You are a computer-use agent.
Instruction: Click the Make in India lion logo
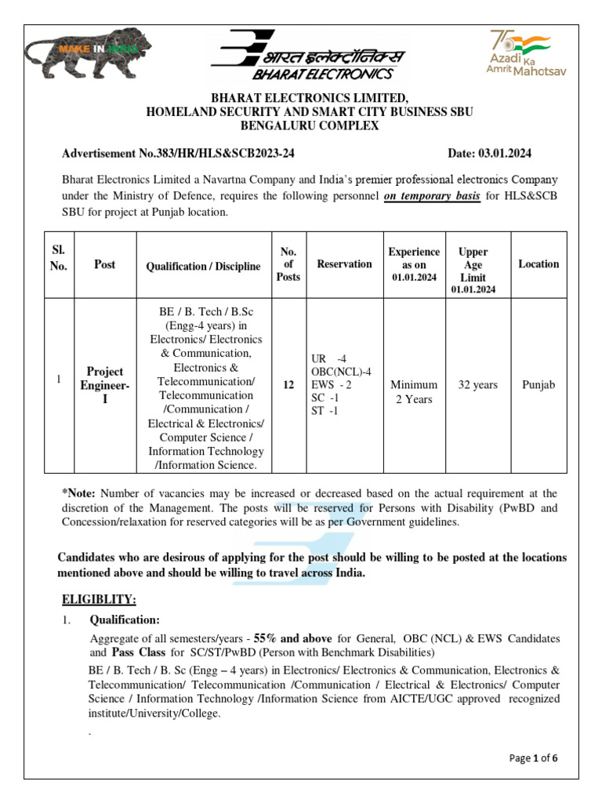point(83,54)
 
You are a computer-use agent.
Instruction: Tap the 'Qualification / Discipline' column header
point(203,266)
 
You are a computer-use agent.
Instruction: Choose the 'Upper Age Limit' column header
point(473,265)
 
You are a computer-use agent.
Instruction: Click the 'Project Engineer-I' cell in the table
point(104,385)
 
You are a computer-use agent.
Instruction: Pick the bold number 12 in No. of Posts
point(288,385)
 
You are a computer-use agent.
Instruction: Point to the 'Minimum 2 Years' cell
point(413,392)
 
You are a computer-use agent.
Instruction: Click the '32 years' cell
point(477,385)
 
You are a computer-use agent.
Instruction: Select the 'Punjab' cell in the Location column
point(539,385)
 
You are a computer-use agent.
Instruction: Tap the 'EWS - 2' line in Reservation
point(332,385)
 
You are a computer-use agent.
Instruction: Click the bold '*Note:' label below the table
point(78,493)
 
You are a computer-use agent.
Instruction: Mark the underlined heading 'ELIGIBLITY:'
point(99,600)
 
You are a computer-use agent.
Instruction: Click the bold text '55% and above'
point(292,638)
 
